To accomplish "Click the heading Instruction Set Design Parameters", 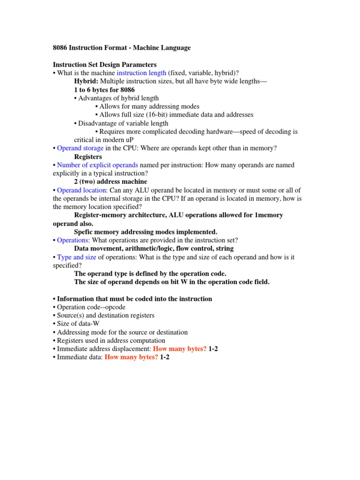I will click(105, 65).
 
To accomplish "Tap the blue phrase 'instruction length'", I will click(141, 73).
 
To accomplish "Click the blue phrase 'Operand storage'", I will click(80, 148).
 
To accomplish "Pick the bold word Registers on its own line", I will click(88, 157).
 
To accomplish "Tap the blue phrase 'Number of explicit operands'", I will click(97, 165).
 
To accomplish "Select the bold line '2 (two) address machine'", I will click(111, 181).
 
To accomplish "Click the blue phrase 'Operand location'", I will click(82, 190).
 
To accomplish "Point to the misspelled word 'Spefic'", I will click(84, 232).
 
